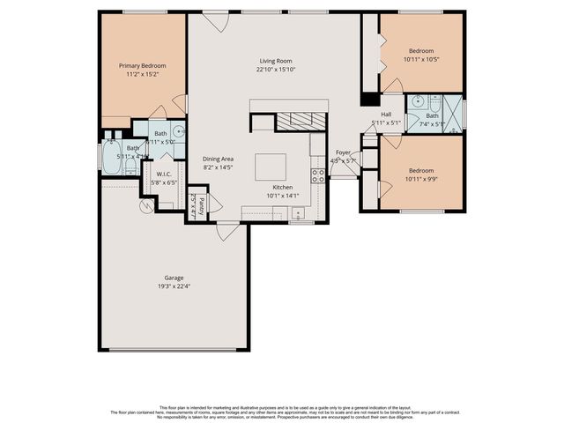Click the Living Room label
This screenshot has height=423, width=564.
(x=274, y=61)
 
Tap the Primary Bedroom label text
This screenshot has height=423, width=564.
(x=143, y=65)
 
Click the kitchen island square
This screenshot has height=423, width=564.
(x=271, y=167)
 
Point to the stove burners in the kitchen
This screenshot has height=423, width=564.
(x=317, y=174)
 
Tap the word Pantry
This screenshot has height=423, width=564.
(x=201, y=205)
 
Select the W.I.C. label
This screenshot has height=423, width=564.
(x=163, y=174)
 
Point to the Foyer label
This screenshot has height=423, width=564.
(x=343, y=152)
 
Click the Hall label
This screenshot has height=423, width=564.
(x=386, y=114)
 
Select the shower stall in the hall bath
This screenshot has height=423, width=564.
(x=453, y=115)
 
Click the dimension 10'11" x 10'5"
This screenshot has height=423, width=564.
(x=420, y=59)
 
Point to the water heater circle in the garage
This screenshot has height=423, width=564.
(x=146, y=206)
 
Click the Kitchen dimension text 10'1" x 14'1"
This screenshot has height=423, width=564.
(x=285, y=196)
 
